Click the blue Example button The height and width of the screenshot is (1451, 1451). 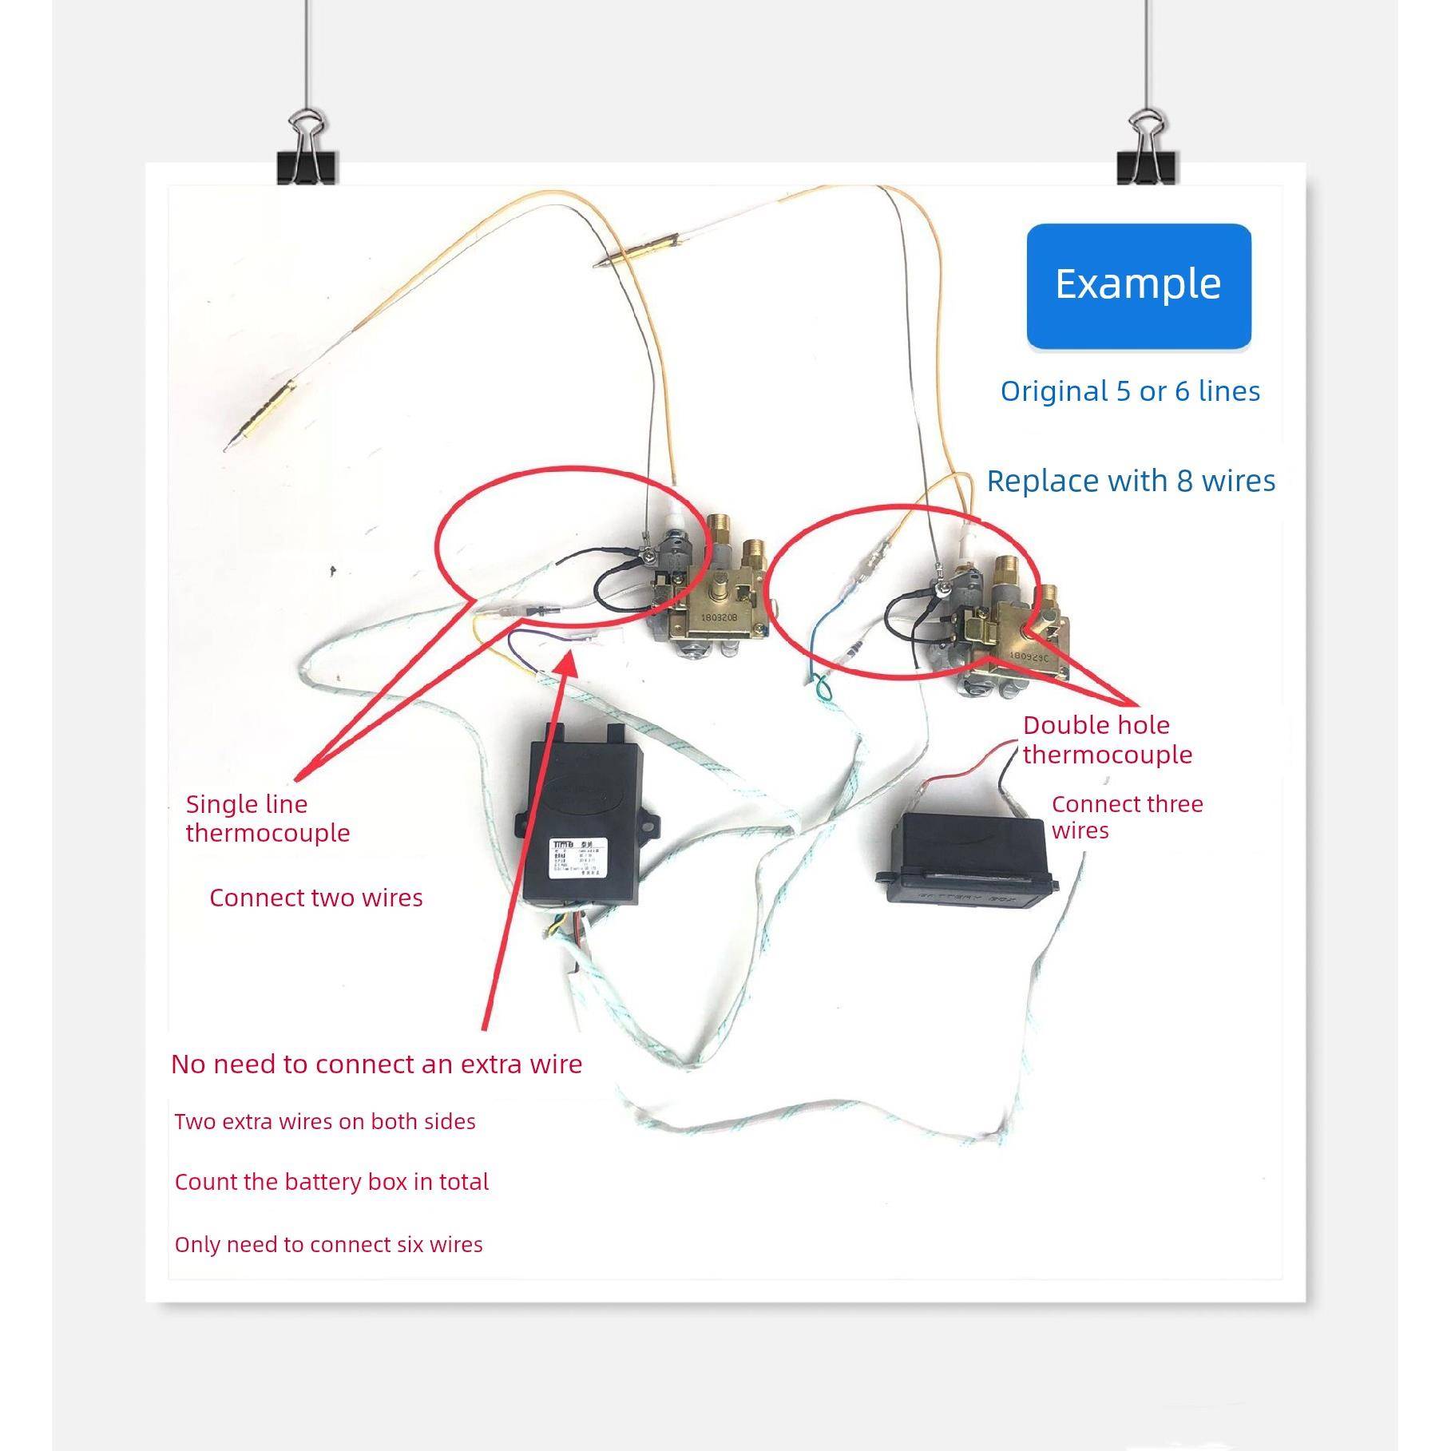(1138, 285)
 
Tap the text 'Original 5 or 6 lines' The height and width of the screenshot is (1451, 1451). (1130, 391)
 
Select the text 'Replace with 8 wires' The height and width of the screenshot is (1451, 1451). (1131, 481)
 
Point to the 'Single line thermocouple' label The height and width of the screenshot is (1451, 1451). (268, 818)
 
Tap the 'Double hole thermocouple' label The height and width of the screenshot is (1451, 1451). (1107, 739)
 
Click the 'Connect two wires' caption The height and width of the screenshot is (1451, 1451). (315, 898)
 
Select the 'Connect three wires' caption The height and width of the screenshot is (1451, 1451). (1126, 816)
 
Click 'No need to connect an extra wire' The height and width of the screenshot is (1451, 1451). (376, 1064)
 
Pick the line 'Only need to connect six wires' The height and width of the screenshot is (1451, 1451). (328, 1244)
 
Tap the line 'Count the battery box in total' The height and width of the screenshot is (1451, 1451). (331, 1182)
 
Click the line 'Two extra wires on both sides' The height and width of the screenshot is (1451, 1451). (325, 1121)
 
